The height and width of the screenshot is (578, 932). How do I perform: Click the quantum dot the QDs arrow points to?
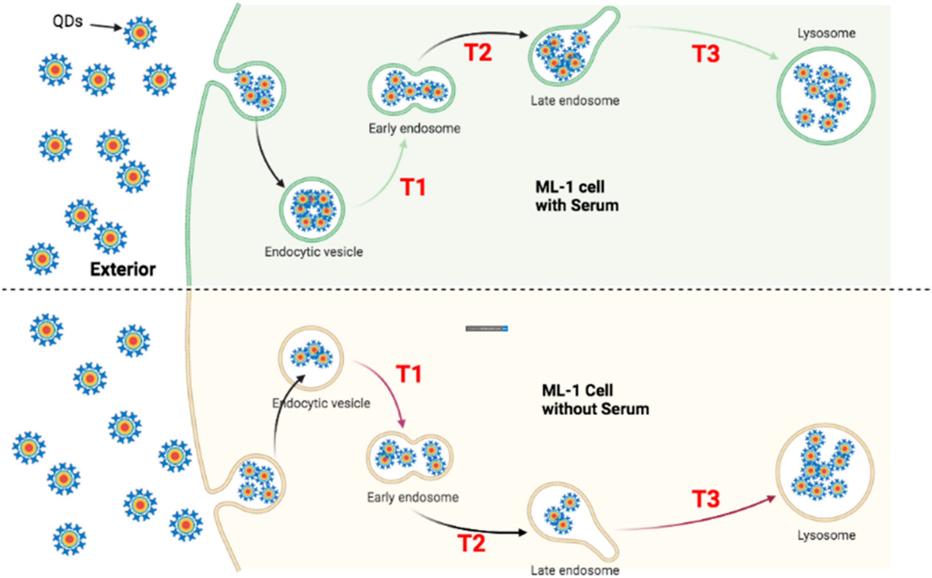coord(140,32)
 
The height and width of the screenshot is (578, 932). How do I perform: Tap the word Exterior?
coord(123,270)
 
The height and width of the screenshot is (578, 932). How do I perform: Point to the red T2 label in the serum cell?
coord(478,52)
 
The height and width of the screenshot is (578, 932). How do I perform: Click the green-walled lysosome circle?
coord(826,96)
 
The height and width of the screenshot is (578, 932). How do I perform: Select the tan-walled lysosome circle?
coord(825,472)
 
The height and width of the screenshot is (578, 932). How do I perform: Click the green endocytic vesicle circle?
coord(312,210)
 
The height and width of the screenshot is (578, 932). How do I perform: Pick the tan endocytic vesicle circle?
coord(311,358)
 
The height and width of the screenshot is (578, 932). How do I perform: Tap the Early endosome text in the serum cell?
coord(414,128)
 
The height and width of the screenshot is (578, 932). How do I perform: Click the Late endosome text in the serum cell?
coord(575,101)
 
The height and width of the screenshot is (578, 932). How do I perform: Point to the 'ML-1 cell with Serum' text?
coord(577,196)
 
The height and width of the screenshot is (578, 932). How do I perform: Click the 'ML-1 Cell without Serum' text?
coord(595,400)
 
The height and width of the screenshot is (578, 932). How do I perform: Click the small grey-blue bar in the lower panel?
coord(486,328)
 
